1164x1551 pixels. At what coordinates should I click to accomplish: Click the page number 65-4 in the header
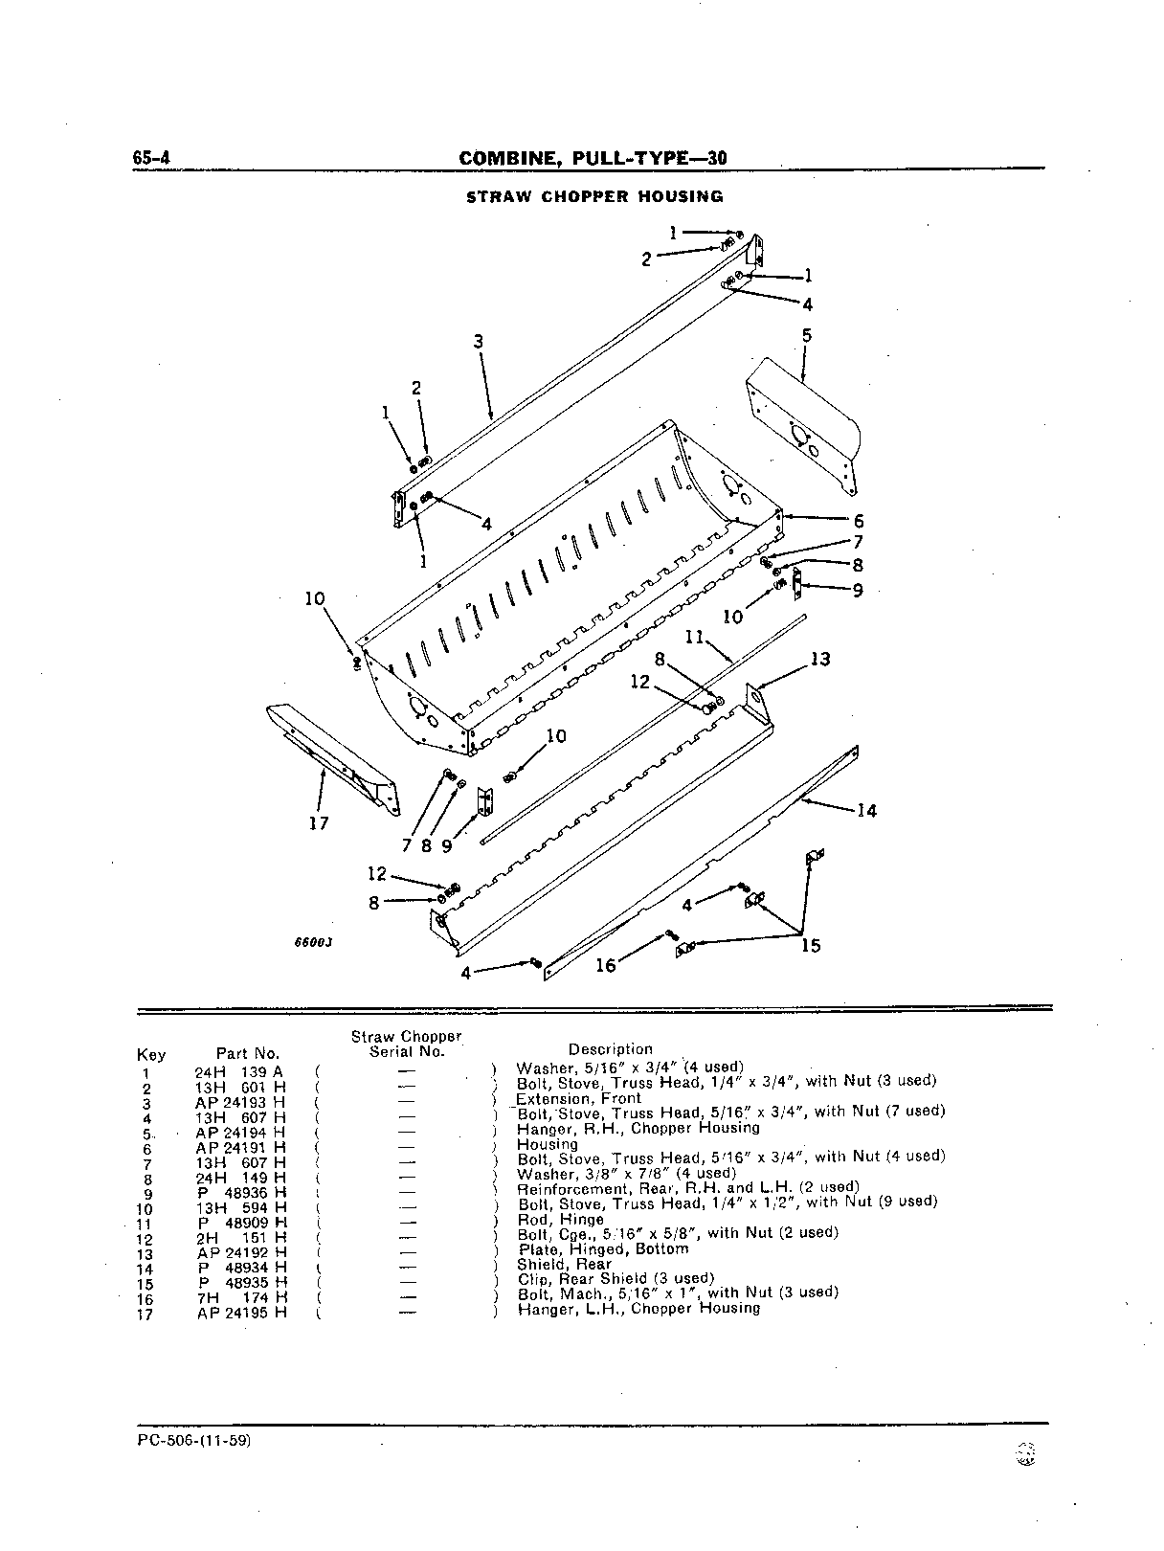coord(151,158)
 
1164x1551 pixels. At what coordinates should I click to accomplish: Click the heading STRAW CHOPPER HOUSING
coord(594,196)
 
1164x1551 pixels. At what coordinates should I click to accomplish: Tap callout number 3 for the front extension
coord(479,342)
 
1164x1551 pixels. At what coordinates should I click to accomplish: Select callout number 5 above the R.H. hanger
coord(807,336)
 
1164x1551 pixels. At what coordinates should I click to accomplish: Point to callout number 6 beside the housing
coord(859,522)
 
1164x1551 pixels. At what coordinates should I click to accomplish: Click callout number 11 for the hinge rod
coord(695,638)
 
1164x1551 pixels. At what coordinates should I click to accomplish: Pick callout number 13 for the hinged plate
coord(820,660)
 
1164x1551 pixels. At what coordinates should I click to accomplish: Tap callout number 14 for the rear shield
coord(866,811)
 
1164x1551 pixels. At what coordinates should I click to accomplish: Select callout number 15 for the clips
coord(811,945)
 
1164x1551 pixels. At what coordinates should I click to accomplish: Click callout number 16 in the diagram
coord(605,965)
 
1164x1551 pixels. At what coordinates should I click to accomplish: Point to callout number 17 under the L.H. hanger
coord(319,823)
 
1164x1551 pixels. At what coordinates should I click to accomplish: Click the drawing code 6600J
coord(313,943)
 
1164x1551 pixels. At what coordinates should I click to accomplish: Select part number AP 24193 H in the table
coord(241,1103)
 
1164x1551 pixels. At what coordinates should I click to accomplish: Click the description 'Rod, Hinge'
coord(561,1220)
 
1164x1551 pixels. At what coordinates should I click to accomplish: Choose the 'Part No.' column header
coord(247,1055)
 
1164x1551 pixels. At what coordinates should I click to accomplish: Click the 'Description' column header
coord(611,1049)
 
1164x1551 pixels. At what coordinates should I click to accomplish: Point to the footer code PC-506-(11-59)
coord(194,1440)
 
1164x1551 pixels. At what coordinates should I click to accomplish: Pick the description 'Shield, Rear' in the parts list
coord(565,1264)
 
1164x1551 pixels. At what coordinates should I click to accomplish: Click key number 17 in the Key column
coord(145,1315)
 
